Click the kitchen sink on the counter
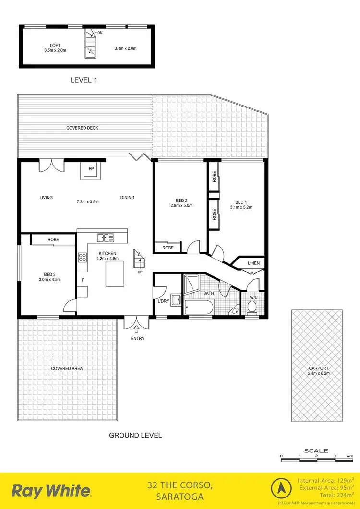[x=105, y=237]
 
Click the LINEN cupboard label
[x=253, y=263]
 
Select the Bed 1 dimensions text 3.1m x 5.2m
[x=241, y=207]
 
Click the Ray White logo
[x=51, y=491]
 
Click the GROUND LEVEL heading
[x=135, y=435]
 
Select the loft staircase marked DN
[x=91, y=43]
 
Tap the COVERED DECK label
[x=83, y=128]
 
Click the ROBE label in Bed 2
[x=168, y=248]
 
